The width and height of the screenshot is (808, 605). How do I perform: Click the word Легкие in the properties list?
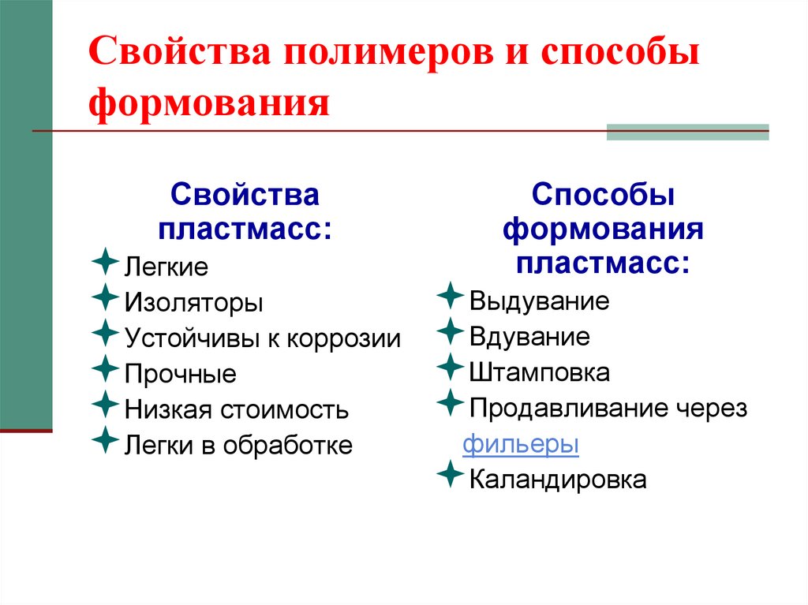(166, 267)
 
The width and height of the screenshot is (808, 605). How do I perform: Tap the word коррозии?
(343, 338)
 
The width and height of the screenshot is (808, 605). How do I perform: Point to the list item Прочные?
(180, 374)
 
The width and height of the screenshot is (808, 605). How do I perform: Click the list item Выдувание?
(539, 301)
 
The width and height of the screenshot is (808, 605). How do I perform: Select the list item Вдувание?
(529, 337)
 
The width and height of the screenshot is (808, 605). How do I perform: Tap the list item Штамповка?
(539, 372)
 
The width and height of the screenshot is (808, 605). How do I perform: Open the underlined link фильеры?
(521, 444)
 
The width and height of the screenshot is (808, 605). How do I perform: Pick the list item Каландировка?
(558, 480)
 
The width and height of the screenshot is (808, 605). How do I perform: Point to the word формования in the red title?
(208, 103)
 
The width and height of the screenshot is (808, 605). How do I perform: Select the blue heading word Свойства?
(245, 196)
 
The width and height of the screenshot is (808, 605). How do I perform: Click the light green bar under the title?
(687, 133)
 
